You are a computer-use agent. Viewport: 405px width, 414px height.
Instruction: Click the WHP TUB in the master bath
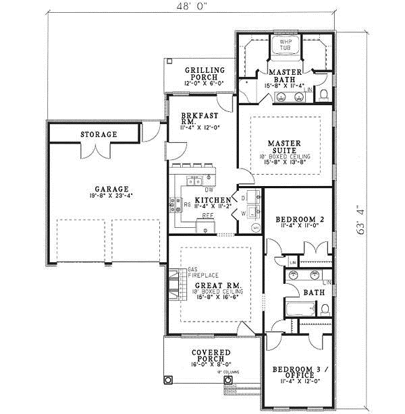click(x=285, y=46)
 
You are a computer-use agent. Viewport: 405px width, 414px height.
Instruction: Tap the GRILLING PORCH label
click(x=202, y=73)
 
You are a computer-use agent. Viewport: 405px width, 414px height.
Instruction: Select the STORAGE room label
click(x=99, y=135)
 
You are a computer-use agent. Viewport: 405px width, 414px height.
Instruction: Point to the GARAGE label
click(x=111, y=189)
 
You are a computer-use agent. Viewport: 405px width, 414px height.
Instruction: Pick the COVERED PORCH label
click(x=211, y=356)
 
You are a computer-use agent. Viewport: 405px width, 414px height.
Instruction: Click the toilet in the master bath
click(x=323, y=93)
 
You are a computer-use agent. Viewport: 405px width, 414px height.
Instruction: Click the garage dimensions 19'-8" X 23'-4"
click(x=112, y=198)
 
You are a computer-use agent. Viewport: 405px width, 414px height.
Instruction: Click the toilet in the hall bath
click(x=325, y=309)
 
